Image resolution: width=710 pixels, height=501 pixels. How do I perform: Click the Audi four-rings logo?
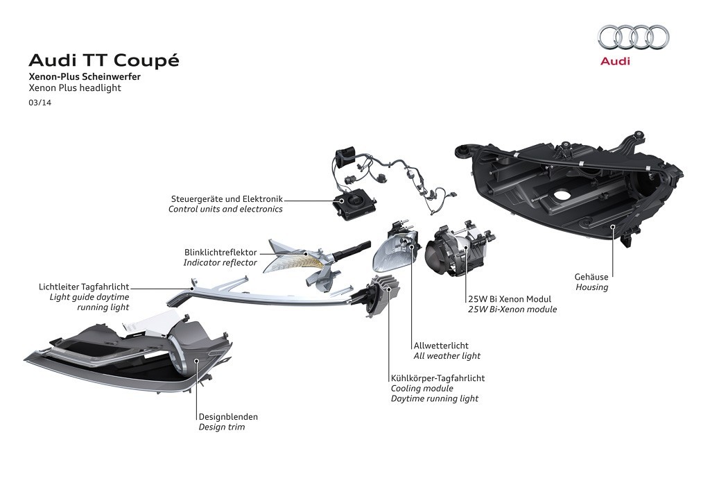pyautogui.click(x=633, y=37)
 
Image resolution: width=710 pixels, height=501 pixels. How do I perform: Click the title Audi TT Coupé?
pyautogui.click(x=103, y=60)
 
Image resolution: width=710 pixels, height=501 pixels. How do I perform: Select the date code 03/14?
pyautogui.click(x=40, y=103)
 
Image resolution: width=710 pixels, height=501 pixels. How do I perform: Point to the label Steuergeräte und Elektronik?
pyautogui.click(x=227, y=199)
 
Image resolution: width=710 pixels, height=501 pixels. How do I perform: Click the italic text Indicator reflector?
pyautogui.click(x=220, y=263)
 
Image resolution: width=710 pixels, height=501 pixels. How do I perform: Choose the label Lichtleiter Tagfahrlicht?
pyautogui.click(x=85, y=286)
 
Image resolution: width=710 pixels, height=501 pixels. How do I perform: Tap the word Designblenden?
pyautogui.click(x=228, y=417)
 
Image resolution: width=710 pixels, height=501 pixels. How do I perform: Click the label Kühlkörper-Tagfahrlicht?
pyautogui.click(x=438, y=378)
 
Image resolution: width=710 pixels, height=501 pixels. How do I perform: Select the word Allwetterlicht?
pyautogui.click(x=441, y=345)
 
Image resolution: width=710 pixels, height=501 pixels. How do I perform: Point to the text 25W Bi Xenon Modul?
pyautogui.click(x=510, y=299)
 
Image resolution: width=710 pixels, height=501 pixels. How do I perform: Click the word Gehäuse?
pyautogui.click(x=591, y=277)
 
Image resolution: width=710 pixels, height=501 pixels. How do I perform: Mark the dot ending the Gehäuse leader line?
pyautogui.click(x=612, y=226)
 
